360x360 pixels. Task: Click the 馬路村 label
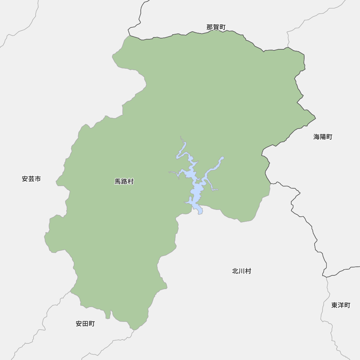[124, 182]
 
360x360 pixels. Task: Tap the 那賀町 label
[216, 27]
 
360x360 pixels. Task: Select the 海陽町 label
[323, 137]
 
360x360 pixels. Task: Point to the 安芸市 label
[31, 179]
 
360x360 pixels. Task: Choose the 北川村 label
[242, 271]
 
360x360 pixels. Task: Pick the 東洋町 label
[341, 305]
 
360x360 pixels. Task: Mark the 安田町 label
[85, 324]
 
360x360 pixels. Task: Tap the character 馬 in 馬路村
[118, 182]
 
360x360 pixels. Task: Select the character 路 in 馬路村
[124, 182]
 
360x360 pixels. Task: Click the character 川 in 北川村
[242, 271]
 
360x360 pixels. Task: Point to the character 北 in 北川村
[235, 271]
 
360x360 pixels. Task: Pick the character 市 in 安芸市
[38, 179]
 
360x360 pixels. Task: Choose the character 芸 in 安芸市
[31, 179]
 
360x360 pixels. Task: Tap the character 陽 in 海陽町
[323, 137]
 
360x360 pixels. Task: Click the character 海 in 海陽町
[316, 137]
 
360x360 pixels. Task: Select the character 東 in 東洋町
[334, 305]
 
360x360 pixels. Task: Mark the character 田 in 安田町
[85, 324]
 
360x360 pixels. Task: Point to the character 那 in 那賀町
[210, 27]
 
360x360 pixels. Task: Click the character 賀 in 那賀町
[216, 27]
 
